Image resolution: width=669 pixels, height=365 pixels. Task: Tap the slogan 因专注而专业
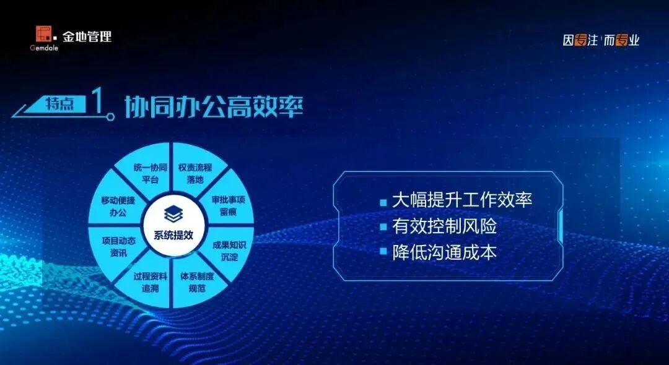pyautogui.click(x=601, y=40)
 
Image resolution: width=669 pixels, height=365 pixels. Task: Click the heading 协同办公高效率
pyautogui.click(x=214, y=106)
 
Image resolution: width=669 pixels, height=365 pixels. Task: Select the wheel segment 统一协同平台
pyautogui.click(x=150, y=173)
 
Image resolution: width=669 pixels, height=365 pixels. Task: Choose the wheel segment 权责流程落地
pyautogui.click(x=195, y=173)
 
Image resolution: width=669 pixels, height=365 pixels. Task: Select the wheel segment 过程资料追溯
pyautogui.click(x=150, y=282)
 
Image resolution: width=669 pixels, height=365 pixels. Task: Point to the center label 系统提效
pyautogui.click(x=173, y=235)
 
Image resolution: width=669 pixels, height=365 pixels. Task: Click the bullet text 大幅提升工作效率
pyautogui.click(x=462, y=200)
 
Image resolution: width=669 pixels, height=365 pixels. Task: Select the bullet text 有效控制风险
pyautogui.click(x=444, y=226)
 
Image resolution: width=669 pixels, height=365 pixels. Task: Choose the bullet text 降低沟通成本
pyautogui.click(x=444, y=253)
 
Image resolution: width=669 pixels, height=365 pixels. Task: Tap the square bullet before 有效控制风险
pyautogui.click(x=383, y=228)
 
